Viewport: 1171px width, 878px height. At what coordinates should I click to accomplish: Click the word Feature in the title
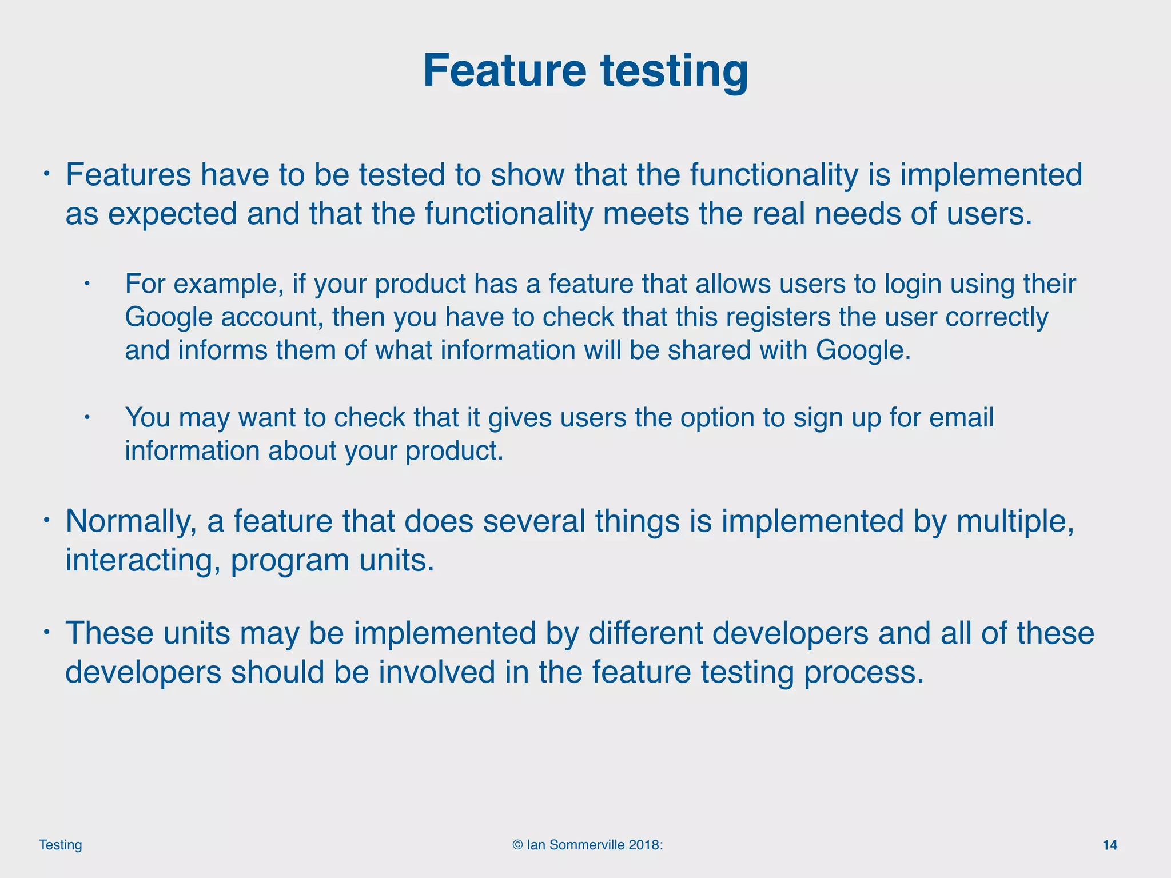[x=504, y=70]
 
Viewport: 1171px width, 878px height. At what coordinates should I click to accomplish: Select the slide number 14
[x=1109, y=845]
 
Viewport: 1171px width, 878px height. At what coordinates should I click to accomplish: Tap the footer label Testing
[x=60, y=845]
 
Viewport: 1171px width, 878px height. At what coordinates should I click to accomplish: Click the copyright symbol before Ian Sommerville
[x=517, y=845]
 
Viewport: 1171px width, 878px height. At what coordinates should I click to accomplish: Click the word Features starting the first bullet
[x=128, y=175]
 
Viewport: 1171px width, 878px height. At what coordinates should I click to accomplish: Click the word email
[x=961, y=417]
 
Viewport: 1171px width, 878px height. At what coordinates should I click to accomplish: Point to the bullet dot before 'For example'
[x=87, y=284]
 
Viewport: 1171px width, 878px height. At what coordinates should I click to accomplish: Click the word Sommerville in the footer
[x=584, y=845]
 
